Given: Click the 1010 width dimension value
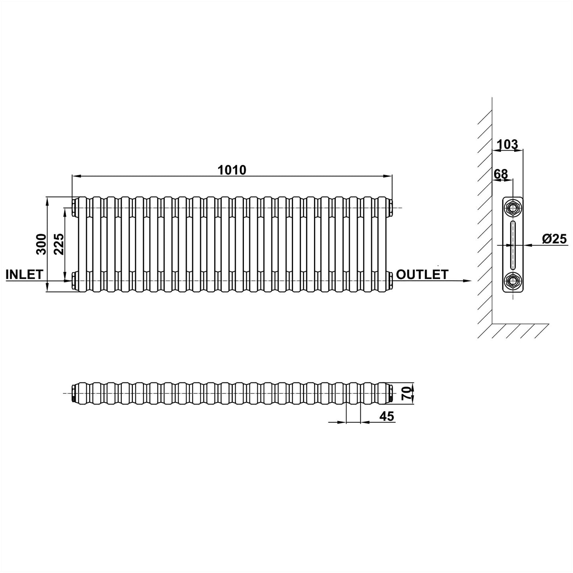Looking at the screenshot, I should click(232, 170).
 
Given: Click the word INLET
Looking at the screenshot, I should click(24, 274).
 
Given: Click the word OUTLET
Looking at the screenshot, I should click(422, 274).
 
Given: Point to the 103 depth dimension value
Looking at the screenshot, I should click(508, 145).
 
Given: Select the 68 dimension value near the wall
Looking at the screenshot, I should click(500, 174).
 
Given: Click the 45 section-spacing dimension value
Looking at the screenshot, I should click(387, 416).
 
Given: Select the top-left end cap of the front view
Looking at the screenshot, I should click(74, 207).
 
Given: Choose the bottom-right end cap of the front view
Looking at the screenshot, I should click(391, 281).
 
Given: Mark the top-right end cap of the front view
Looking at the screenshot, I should click(391, 207).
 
